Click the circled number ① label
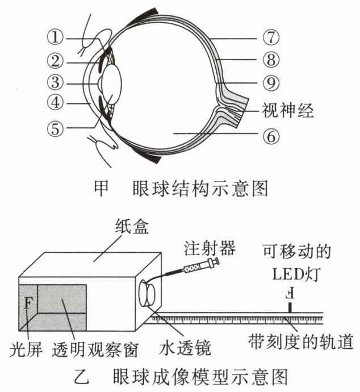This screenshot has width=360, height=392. point(55,37)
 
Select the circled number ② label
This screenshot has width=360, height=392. point(55,61)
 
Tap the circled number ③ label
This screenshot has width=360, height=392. point(55,82)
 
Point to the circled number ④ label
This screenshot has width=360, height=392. point(55,102)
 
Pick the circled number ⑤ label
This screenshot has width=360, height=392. point(55,128)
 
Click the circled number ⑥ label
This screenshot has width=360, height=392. point(271,136)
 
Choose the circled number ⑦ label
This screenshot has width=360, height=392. point(271,37)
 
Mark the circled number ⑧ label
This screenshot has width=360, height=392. point(271,60)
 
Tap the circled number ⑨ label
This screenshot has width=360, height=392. point(271,83)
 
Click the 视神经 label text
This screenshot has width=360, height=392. point(287,110)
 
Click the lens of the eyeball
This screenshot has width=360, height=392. point(112,83)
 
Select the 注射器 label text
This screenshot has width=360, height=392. point(210,248)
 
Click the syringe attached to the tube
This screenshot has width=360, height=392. point(201,265)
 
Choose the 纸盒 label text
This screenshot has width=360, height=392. point(132,227)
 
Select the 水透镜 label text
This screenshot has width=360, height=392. point(185,348)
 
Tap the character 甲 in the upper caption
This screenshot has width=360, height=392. point(102,188)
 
